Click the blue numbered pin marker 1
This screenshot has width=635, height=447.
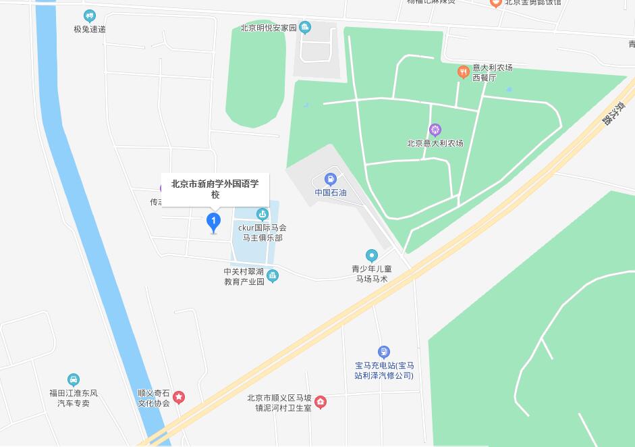[x=214, y=221]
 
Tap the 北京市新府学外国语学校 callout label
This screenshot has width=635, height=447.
[x=215, y=188]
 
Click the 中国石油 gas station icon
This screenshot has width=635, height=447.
[x=331, y=179]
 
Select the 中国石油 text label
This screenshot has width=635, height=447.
[x=331, y=192]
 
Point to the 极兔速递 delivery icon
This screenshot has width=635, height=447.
[x=90, y=16]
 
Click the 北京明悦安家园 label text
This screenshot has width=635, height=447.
[x=269, y=28]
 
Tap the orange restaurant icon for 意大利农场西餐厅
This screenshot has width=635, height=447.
[x=463, y=71]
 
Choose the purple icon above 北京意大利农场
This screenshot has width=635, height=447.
[x=435, y=130]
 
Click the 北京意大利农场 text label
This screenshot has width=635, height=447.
[x=435, y=143]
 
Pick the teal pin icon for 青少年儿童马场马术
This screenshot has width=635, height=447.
[x=371, y=255]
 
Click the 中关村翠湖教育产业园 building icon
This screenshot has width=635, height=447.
[x=273, y=275]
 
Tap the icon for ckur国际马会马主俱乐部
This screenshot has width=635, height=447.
[x=262, y=215]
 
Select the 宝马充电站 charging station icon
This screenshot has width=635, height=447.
[x=384, y=352]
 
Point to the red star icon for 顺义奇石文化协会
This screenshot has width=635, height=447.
[x=179, y=397]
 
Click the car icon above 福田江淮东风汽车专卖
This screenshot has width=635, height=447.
[x=74, y=379]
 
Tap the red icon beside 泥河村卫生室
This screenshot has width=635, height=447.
[x=321, y=402]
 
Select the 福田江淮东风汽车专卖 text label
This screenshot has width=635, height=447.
[x=74, y=398]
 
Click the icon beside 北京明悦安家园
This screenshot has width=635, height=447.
[x=306, y=28]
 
